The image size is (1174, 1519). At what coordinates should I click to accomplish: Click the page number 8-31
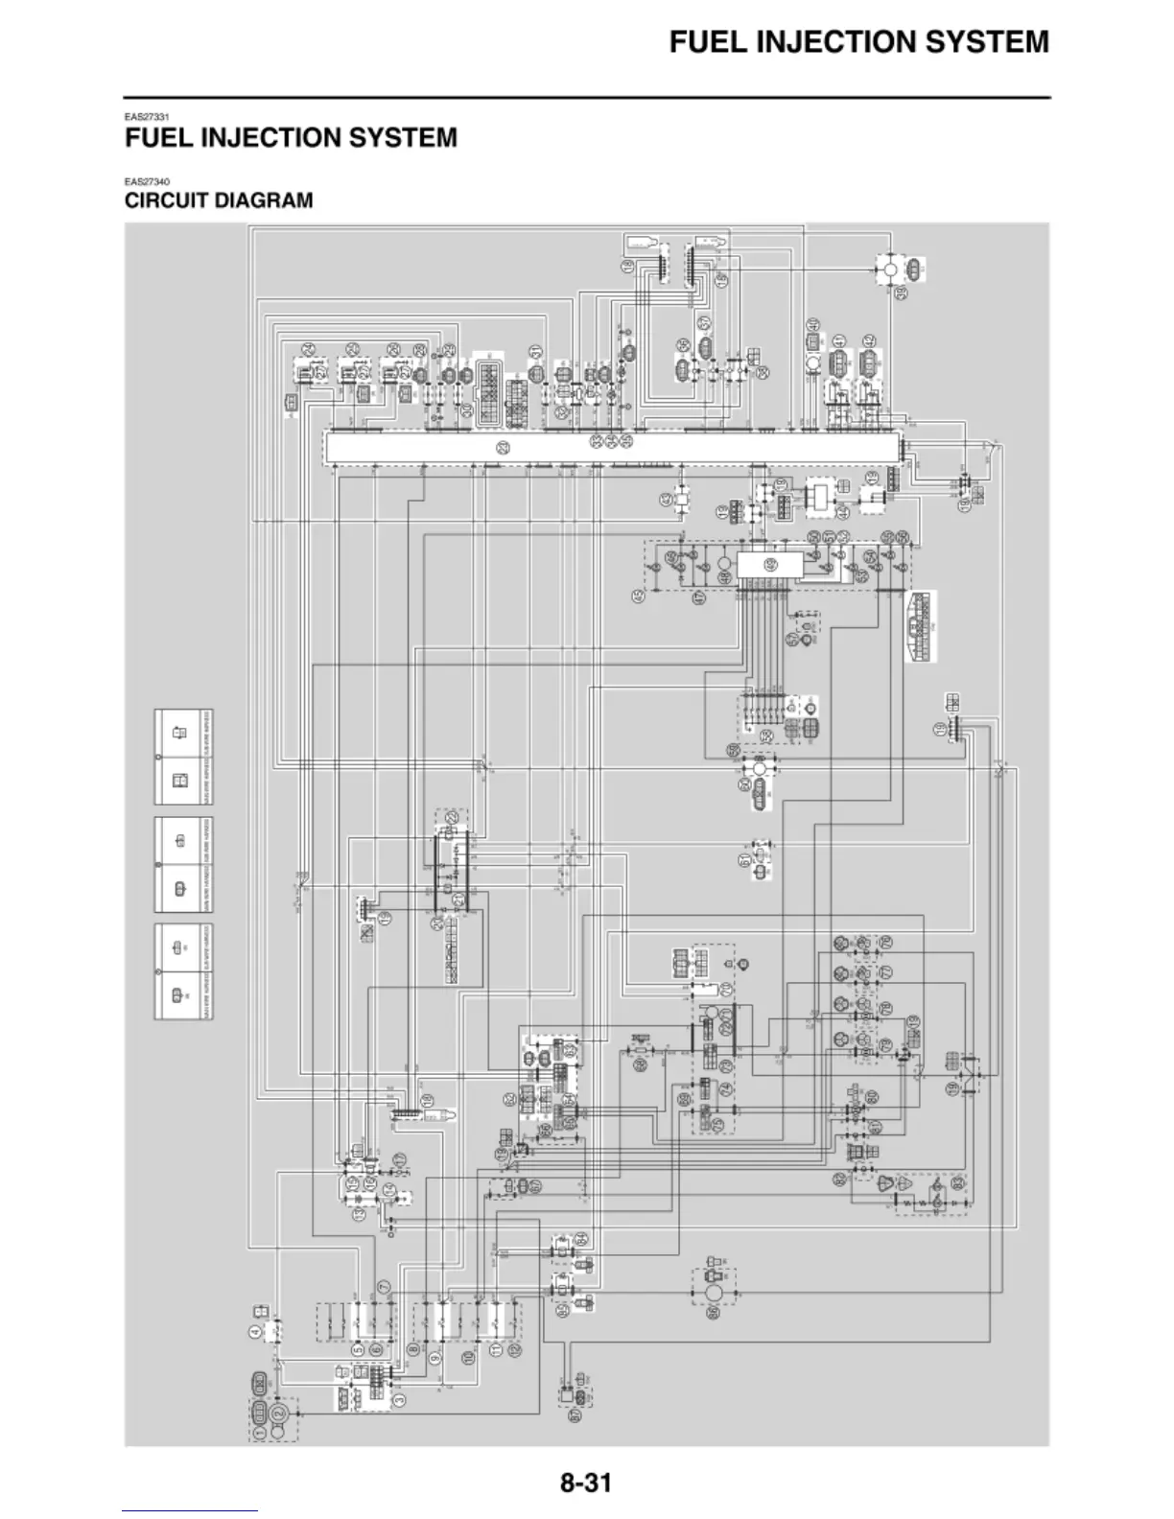[x=586, y=1483]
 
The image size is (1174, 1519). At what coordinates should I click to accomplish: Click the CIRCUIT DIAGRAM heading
[x=219, y=200]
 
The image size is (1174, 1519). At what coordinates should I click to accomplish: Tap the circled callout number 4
[x=255, y=1331]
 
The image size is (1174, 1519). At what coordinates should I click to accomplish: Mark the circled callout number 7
[x=384, y=1287]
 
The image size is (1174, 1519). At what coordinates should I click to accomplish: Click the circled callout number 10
[x=467, y=1358]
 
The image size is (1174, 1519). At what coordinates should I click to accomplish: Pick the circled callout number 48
[x=723, y=576]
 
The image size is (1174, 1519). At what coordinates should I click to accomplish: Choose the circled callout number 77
[x=885, y=973]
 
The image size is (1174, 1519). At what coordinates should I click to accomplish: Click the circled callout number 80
[x=872, y=1096]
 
